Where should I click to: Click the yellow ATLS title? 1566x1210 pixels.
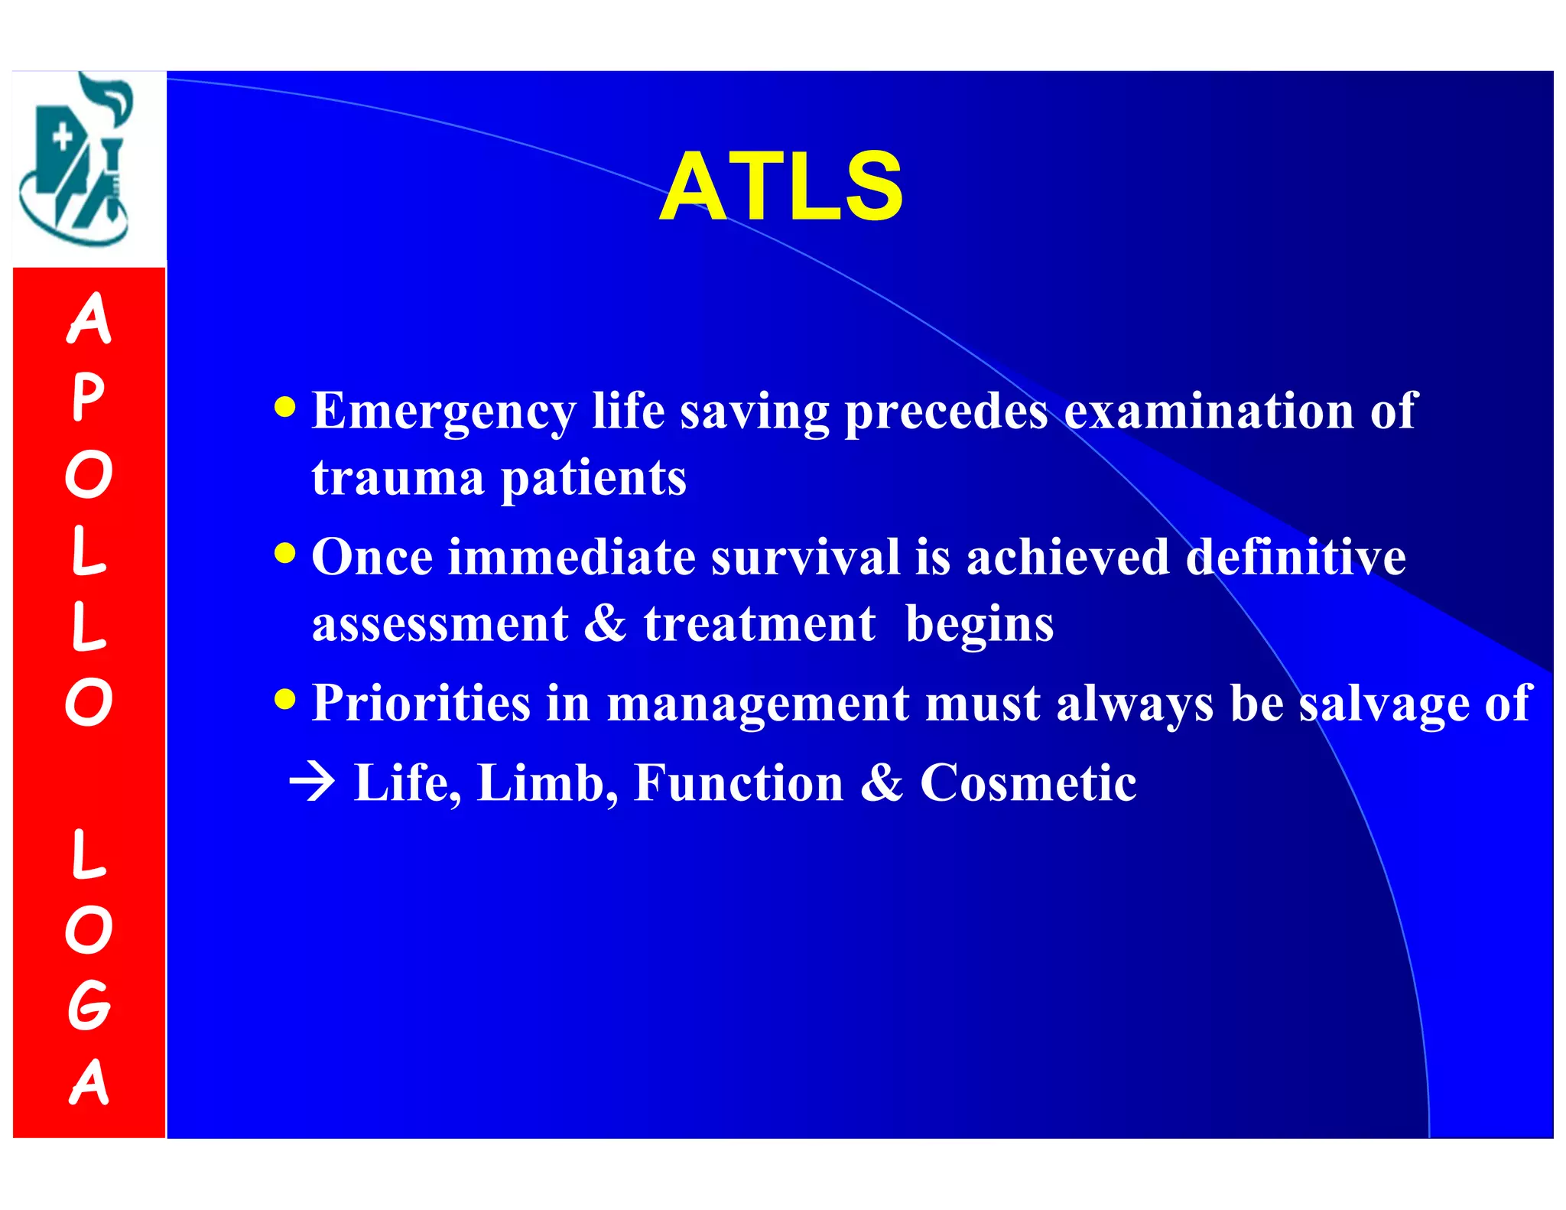tap(781, 187)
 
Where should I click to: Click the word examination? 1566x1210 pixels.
tap(1209, 411)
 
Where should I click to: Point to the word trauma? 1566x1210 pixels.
tap(398, 478)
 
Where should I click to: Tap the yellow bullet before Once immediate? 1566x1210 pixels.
tap(284, 552)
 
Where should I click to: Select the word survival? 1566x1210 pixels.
tap(805, 557)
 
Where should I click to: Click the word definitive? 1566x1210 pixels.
tap(1295, 557)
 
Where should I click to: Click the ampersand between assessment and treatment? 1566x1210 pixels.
tap(605, 623)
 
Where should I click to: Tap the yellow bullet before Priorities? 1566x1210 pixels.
tap(284, 698)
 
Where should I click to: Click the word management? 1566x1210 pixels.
tap(758, 704)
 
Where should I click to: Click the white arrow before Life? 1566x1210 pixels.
tap(312, 782)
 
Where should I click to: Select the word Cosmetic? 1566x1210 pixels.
tap(1028, 783)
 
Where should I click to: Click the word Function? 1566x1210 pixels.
tap(739, 783)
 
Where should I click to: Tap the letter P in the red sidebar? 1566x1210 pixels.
tap(88, 398)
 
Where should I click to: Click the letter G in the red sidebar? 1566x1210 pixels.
tap(88, 1005)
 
